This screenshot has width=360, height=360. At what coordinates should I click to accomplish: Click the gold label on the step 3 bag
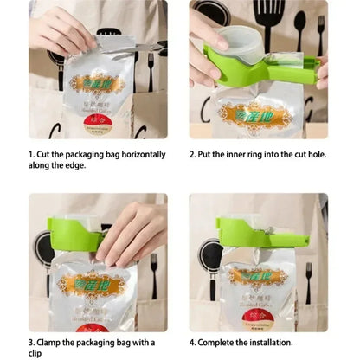point(92,283)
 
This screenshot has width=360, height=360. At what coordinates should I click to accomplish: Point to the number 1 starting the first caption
point(32,155)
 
